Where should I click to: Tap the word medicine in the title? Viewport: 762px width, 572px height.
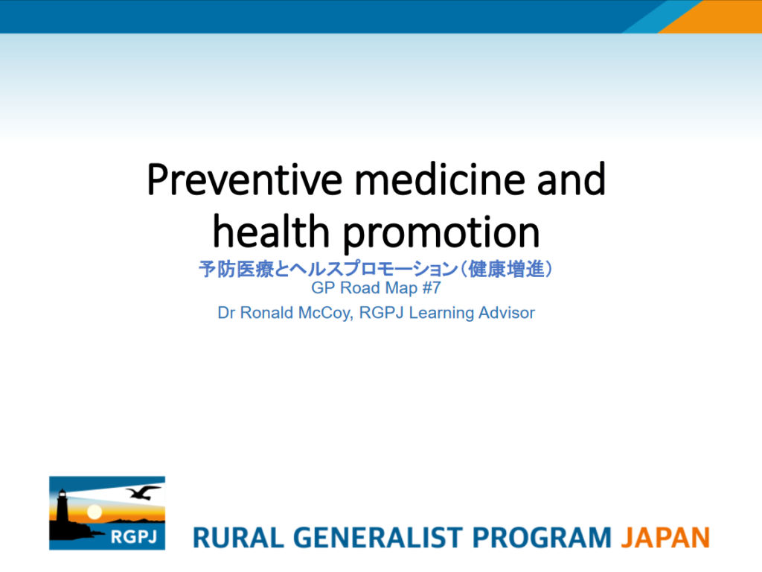coord(440,179)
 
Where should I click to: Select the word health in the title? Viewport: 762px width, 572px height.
coord(271,231)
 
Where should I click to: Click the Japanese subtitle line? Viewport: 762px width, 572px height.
coord(376,268)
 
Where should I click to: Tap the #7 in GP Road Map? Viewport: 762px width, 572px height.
coord(431,287)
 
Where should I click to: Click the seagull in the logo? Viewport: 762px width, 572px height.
coord(143,492)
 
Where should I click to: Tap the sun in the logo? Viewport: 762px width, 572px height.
coord(95,512)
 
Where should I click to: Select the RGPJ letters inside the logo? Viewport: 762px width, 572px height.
coord(134,537)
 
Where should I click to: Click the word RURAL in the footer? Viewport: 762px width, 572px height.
coord(238,538)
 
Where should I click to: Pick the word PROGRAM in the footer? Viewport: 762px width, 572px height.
coord(542,538)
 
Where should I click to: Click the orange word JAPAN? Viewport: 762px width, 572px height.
coord(665,538)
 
